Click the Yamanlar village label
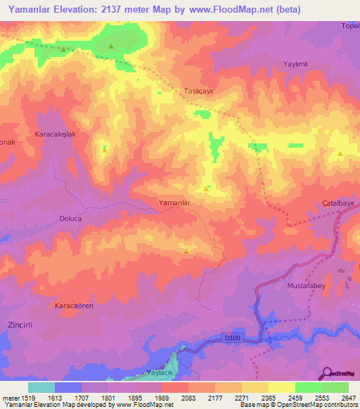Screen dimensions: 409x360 pos(176,202)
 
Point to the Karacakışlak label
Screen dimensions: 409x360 pos(56,134)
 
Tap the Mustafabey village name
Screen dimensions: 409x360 pos(307,286)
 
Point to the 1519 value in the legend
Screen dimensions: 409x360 pos(28,398)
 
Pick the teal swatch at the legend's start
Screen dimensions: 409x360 pos(41,387)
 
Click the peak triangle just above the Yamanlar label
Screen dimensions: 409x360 pos(206,188)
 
